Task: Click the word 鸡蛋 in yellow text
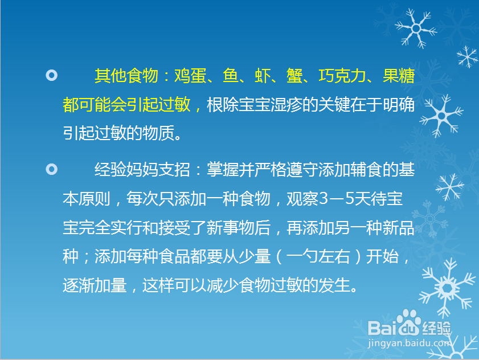(x=190, y=76)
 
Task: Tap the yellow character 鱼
(x=231, y=76)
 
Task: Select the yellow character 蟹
(x=294, y=76)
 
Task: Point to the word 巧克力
(x=342, y=76)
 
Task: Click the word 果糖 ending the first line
(x=398, y=76)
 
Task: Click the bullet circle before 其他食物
(x=51, y=75)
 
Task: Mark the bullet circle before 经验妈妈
(x=51, y=169)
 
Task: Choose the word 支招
(x=174, y=170)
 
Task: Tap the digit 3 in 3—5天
(x=324, y=199)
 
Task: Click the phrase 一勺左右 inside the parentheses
(x=318, y=257)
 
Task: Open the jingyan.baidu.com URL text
(x=410, y=343)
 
